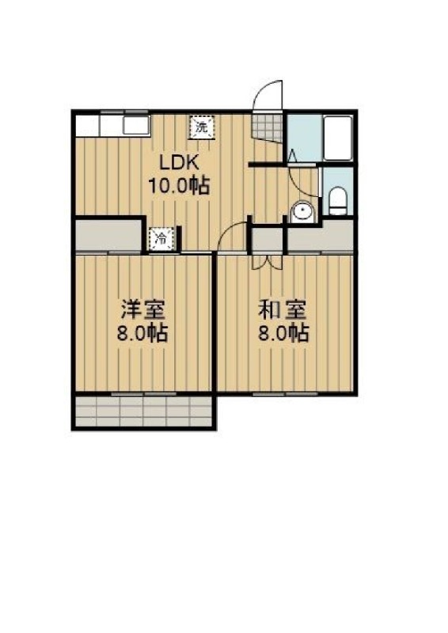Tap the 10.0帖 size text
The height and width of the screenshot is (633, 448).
click(178, 187)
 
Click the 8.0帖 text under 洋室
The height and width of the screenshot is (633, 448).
click(142, 333)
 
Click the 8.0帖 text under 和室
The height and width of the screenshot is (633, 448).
click(283, 333)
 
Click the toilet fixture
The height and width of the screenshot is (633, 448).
click(338, 200)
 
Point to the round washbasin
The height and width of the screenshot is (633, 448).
click(301, 211)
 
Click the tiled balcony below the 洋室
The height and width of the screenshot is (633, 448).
click(144, 411)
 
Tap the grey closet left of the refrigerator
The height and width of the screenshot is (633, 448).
click(109, 236)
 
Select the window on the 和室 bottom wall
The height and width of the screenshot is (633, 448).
click(285, 392)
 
